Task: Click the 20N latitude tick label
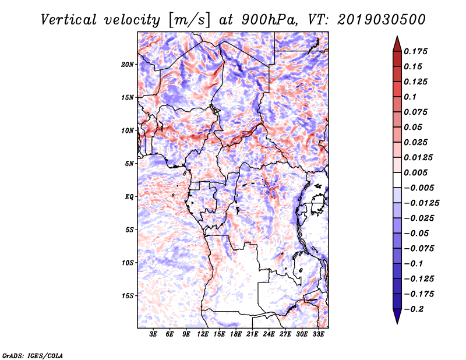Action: point(128,65)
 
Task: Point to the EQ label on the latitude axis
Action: point(129,197)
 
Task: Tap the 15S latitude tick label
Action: point(128,296)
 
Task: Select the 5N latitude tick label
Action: point(129,164)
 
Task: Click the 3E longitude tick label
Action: point(153,334)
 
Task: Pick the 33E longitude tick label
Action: point(318,334)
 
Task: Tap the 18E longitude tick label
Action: point(236,334)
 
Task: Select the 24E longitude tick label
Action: point(269,334)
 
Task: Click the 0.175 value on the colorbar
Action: point(415,51)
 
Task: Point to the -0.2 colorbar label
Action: point(414,309)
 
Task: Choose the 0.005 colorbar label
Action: point(415,172)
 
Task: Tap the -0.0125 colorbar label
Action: point(421,203)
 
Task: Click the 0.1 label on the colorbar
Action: point(410,97)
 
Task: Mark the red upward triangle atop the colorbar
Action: point(397,44)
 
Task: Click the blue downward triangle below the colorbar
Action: point(397,316)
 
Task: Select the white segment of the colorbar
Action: point(397,180)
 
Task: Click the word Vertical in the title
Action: point(69,20)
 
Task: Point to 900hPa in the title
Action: point(269,20)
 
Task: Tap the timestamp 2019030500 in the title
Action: point(382,20)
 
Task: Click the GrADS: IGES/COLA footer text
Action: point(33,355)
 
